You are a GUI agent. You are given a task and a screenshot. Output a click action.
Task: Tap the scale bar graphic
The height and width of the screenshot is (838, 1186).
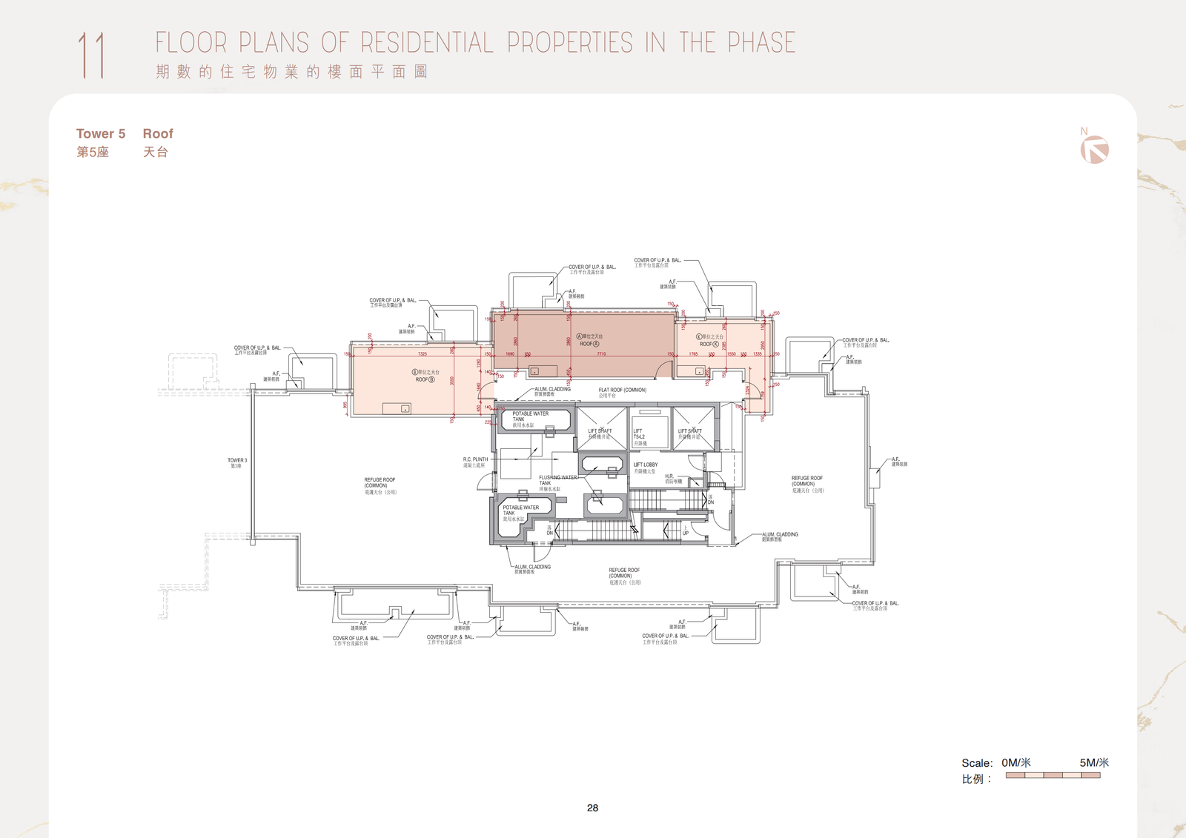1053,775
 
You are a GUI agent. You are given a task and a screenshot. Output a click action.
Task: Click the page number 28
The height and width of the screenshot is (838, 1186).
592,808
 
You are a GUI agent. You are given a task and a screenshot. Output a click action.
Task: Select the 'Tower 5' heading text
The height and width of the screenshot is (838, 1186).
101,133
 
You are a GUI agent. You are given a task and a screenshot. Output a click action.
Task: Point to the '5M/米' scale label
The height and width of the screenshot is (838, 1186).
1093,762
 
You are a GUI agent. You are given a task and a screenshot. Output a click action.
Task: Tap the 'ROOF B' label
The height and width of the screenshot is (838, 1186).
425,379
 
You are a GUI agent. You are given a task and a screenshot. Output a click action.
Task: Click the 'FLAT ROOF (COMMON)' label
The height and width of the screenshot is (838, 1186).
622,390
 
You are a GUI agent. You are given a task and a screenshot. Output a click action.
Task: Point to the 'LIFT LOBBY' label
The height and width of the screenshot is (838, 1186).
646,465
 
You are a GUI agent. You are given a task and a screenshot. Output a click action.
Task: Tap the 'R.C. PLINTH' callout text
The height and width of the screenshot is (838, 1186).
475,459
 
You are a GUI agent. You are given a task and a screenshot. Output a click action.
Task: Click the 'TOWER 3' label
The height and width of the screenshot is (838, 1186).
237,460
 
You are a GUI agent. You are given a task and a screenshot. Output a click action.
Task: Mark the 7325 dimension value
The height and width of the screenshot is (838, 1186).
423,354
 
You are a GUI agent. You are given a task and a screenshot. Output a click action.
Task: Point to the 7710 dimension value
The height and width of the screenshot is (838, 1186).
601,354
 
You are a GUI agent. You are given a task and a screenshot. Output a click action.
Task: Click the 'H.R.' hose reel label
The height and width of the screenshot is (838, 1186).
669,476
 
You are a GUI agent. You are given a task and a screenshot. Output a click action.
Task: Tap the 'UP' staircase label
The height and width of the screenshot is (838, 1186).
685,533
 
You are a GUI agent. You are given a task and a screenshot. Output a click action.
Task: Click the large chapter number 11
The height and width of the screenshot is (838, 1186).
92,55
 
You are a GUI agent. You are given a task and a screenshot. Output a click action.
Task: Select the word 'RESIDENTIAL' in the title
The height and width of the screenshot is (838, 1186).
427,43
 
